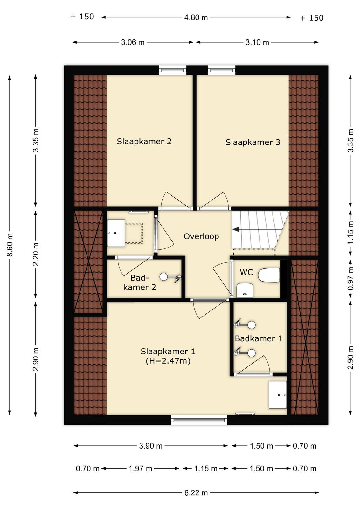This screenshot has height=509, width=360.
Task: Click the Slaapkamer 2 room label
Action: click(x=144, y=141)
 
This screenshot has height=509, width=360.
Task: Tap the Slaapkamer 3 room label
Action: click(x=253, y=142)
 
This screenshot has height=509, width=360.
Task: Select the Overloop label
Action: click(x=201, y=237)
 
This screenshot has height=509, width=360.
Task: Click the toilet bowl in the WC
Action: click(x=269, y=275)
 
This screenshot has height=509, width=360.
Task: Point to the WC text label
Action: click(x=246, y=272)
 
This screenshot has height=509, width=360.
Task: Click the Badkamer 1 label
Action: click(x=259, y=338)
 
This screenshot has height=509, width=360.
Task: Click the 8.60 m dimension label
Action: click(x=10, y=245)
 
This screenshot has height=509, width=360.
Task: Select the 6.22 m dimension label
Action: click(x=196, y=491)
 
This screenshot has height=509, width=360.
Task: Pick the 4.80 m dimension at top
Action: click(x=196, y=17)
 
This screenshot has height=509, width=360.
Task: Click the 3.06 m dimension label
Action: click(x=133, y=43)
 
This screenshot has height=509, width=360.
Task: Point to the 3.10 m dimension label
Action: click(x=257, y=43)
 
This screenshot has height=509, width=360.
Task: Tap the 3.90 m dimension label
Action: click(x=151, y=446)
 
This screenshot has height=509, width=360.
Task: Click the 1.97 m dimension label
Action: click(x=140, y=468)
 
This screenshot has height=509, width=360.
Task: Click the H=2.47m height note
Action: click(x=168, y=361)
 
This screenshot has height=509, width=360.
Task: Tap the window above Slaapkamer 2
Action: click(x=172, y=70)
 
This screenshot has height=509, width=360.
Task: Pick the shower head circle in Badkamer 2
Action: click(x=163, y=276)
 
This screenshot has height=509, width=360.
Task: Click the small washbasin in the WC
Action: click(x=245, y=290)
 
